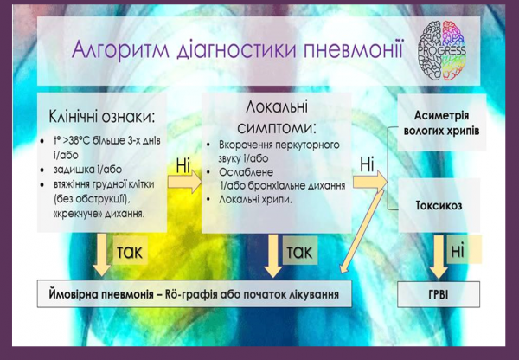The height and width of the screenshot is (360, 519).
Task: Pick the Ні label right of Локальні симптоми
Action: click(367, 162)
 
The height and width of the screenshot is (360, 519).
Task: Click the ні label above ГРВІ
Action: click(458, 250)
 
